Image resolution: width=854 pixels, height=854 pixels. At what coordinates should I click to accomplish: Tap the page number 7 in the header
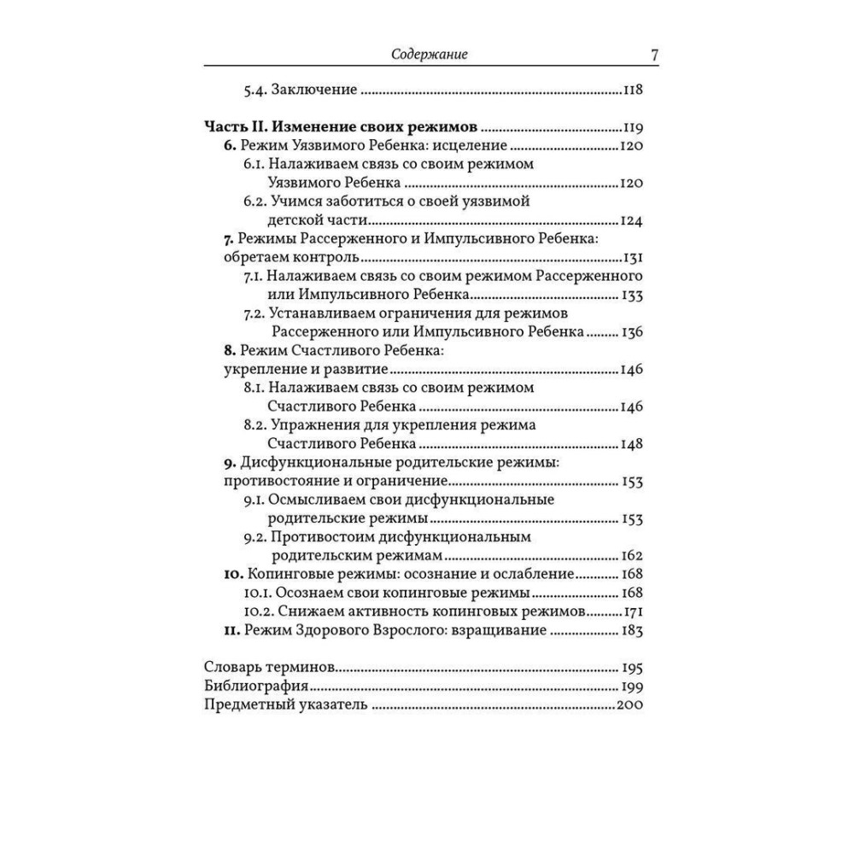click(653, 56)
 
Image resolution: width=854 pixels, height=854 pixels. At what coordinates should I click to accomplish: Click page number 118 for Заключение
click(633, 90)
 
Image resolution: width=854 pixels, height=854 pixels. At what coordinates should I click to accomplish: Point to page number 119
click(634, 126)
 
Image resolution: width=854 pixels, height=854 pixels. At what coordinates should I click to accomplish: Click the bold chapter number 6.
click(228, 145)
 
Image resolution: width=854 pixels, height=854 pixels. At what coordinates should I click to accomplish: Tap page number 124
click(633, 220)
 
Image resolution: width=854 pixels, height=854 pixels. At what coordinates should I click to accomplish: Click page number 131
click(634, 258)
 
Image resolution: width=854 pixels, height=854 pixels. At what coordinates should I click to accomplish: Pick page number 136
click(633, 332)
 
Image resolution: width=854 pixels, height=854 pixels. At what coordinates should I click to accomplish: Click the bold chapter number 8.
click(228, 351)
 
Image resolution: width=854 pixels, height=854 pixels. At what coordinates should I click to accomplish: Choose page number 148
click(633, 444)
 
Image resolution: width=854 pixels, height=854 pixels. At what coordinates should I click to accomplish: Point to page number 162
click(633, 555)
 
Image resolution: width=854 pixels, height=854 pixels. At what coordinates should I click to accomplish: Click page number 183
click(633, 630)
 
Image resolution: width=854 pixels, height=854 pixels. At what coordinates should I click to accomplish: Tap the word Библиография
click(257, 687)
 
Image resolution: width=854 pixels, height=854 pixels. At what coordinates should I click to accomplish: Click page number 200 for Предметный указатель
click(629, 705)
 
